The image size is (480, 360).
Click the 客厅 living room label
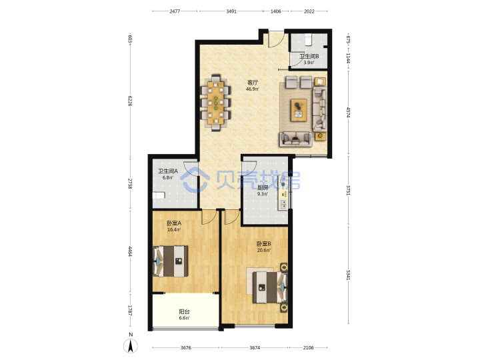pos(253,83)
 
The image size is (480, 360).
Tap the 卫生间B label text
pos(309,56)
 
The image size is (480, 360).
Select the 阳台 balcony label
pos(184,311)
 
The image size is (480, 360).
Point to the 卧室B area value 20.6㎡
pos(263,251)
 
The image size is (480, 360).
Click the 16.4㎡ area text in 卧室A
pos(174,229)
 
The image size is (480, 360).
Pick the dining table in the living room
pos(216,103)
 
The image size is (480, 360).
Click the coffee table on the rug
pos(299,110)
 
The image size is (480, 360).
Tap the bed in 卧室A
pos(170,261)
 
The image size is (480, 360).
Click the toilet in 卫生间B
pos(308,39)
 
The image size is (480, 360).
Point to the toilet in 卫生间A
pos(159,195)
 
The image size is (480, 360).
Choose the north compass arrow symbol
pos(131,346)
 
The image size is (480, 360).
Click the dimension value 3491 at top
pos(231,11)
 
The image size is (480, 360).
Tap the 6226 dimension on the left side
pos(130,101)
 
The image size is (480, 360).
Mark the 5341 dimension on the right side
pos(348,275)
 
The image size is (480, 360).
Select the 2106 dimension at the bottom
pos(308,347)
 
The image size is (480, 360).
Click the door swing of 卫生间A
pos(191,169)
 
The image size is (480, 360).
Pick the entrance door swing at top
pos(276,39)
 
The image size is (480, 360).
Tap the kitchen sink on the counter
pos(283,204)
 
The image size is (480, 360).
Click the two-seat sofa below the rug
pos(295,139)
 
